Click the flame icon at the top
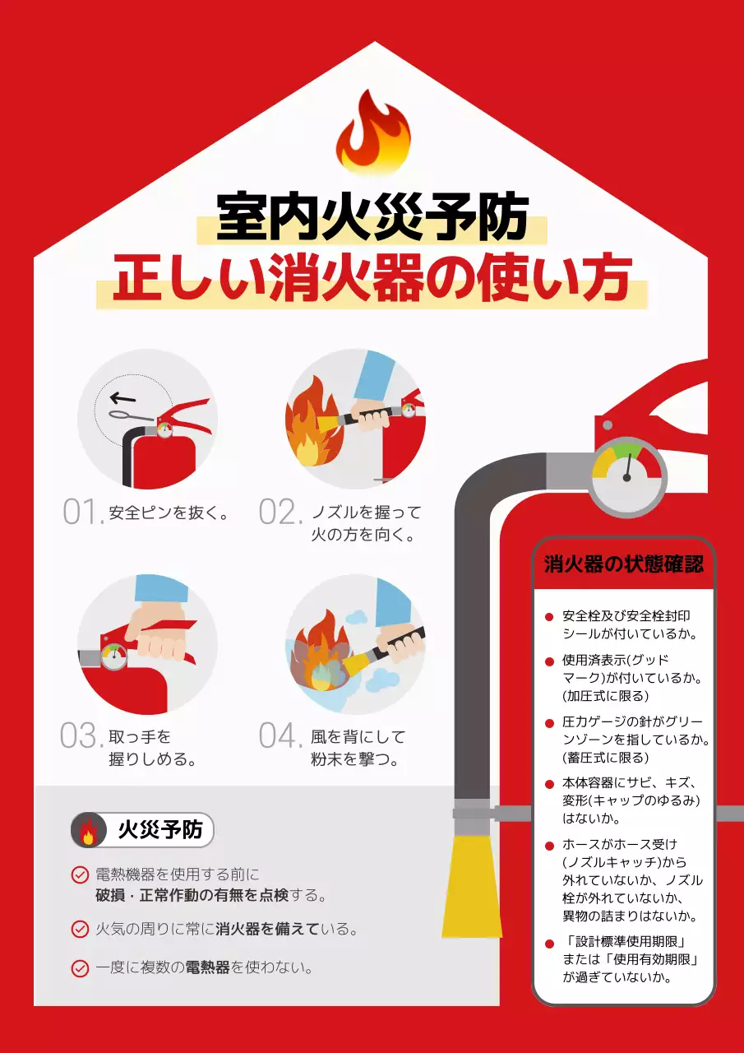point(372,132)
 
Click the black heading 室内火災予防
point(372,217)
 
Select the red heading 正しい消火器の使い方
point(372,279)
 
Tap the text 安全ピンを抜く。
point(169,513)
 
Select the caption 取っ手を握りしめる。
point(153,748)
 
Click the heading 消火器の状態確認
point(624,565)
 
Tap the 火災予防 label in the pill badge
point(160,830)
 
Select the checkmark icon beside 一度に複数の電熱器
point(80,968)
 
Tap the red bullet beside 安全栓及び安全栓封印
point(549,617)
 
